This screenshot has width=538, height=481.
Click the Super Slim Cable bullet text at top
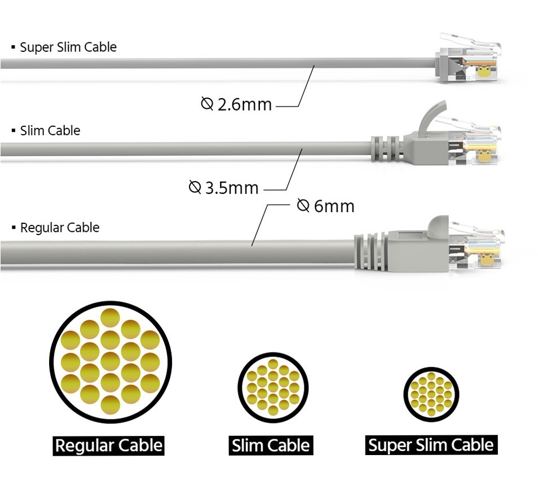[x=68, y=47]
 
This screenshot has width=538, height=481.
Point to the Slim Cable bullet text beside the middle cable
[x=50, y=131]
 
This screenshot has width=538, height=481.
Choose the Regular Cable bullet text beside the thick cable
[x=59, y=228]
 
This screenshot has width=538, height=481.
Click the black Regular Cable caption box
[x=109, y=445]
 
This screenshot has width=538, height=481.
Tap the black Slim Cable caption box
[x=271, y=445]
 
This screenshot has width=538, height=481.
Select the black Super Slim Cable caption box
[x=431, y=445]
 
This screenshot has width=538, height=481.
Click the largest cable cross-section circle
[x=110, y=362]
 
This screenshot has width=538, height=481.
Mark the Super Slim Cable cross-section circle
[x=431, y=394]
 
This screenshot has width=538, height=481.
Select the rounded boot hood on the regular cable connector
[x=438, y=226]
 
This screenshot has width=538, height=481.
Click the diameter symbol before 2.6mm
[x=207, y=103]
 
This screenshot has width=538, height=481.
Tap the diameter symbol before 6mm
[x=303, y=206]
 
